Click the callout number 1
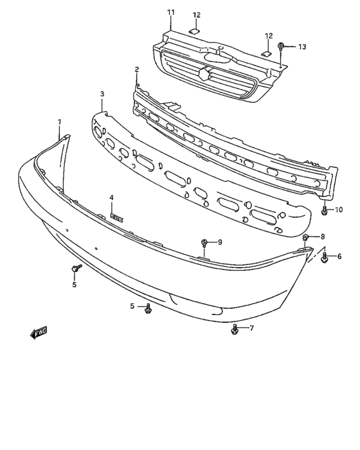click(x=60, y=122)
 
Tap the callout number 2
click(x=136, y=69)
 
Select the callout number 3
click(x=102, y=94)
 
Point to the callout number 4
click(x=111, y=197)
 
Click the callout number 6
click(x=339, y=256)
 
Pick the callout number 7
click(x=252, y=328)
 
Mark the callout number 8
click(x=323, y=237)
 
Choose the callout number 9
click(x=220, y=242)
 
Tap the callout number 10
click(x=339, y=210)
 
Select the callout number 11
click(x=170, y=12)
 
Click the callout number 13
click(x=302, y=46)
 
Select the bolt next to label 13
click(x=282, y=46)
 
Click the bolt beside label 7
click(x=235, y=330)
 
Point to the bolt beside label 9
click(x=205, y=242)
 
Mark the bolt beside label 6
click(x=324, y=257)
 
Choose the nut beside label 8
click(x=307, y=237)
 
